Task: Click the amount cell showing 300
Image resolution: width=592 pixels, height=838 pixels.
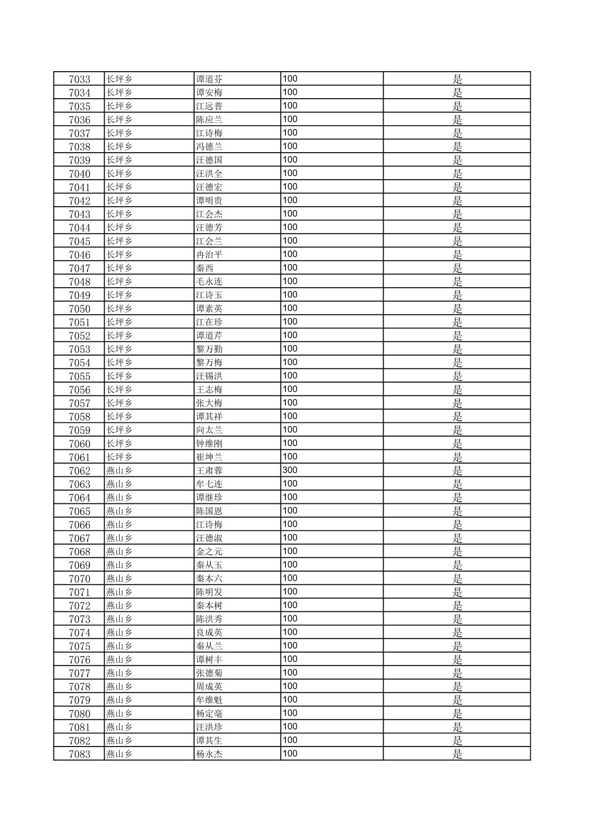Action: click(x=290, y=470)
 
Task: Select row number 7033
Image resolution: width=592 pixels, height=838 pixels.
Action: click(x=79, y=79)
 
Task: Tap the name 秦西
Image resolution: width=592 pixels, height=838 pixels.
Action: click(x=205, y=268)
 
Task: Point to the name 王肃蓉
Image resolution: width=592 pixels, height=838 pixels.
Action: click(x=209, y=470)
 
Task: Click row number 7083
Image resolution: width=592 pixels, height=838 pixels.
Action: click(x=79, y=754)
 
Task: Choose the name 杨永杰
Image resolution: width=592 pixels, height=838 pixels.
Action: click(x=209, y=754)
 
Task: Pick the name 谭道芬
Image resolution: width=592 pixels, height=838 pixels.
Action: click(x=209, y=79)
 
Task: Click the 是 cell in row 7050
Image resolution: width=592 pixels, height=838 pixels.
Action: click(x=457, y=309)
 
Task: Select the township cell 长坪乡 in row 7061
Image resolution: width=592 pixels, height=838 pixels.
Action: click(x=120, y=457)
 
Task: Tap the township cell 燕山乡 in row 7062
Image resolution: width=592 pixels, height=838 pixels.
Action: click(x=120, y=470)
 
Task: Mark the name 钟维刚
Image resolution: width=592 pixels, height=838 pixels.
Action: click(x=209, y=443)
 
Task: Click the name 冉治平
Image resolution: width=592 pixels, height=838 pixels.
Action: click(x=209, y=255)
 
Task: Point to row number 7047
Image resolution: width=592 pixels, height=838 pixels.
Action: click(x=79, y=268)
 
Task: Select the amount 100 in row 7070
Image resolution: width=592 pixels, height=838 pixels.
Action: click(x=290, y=578)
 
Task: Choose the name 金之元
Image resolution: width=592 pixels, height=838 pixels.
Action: click(x=209, y=551)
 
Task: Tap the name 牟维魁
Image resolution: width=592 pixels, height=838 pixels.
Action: click(x=209, y=700)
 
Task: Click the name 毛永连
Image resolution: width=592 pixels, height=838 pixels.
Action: click(x=209, y=282)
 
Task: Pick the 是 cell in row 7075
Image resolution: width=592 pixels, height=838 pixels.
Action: click(x=457, y=646)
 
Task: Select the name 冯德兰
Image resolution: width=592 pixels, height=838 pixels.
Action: click(x=209, y=147)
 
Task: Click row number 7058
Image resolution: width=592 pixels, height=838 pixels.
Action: click(x=79, y=416)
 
